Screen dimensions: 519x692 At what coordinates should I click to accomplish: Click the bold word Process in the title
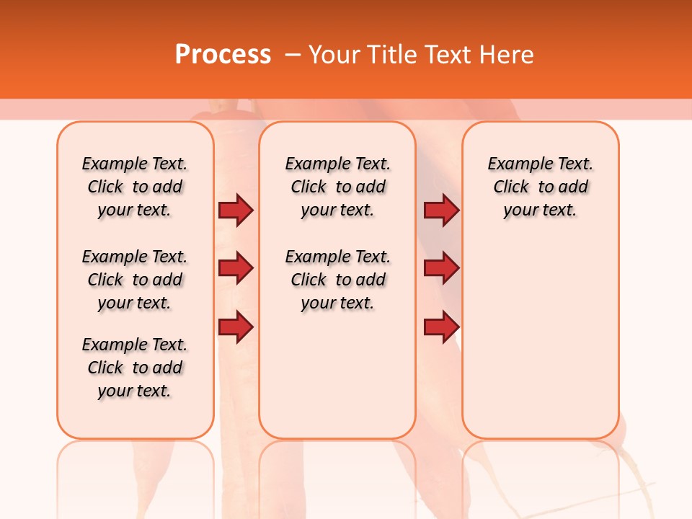pos(223,55)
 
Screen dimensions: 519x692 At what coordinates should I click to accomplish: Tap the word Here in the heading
pos(507,55)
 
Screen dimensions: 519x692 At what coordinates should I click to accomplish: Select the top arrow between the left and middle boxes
pos(236,210)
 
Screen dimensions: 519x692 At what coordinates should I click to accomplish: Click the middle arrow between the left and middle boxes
pos(236,268)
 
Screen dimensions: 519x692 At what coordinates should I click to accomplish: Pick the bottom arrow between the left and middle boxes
pos(236,327)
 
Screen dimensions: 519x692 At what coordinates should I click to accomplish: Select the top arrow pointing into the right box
pos(441,210)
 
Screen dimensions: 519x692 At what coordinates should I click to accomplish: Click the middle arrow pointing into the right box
pos(441,268)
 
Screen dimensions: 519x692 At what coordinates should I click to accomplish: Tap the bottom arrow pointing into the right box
pos(441,327)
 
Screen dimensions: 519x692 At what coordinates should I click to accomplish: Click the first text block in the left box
pos(135,187)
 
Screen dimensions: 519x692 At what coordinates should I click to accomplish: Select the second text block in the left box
pos(135,280)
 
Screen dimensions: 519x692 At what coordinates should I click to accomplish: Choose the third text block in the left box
pos(135,368)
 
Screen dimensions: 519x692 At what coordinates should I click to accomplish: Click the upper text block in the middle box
pos(337,187)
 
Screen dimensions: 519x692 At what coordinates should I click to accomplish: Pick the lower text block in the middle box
pos(337,280)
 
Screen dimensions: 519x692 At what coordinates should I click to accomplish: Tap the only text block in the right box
pos(541,187)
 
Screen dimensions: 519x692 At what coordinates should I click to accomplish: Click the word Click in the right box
pos(511,187)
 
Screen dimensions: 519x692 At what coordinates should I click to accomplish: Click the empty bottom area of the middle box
pos(337,382)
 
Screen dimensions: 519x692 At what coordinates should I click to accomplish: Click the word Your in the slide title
pos(334,55)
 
